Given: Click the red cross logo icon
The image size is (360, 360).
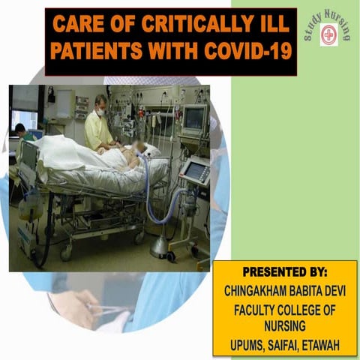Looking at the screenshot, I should (328, 34).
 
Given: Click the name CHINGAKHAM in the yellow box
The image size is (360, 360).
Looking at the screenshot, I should (259, 289).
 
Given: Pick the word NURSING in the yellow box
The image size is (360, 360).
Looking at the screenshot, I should (285, 326).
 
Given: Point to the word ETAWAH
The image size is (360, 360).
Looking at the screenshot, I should (322, 344).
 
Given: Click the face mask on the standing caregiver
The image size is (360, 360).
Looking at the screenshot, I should (100, 112).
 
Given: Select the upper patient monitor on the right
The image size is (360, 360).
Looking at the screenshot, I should (195, 118).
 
